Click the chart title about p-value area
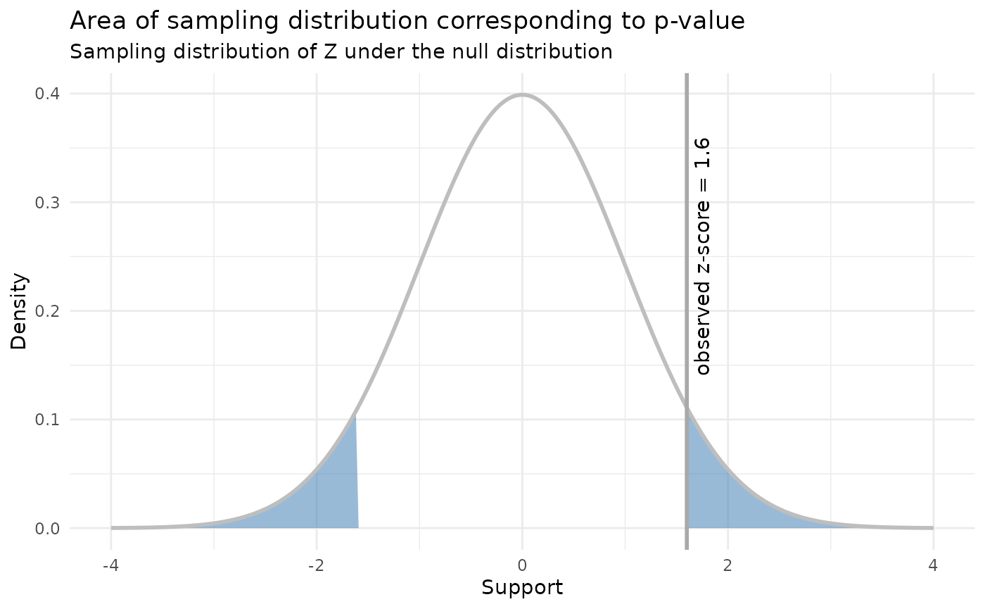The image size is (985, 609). click(x=407, y=22)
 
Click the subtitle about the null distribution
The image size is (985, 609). click(x=341, y=52)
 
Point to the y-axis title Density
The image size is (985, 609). click(x=19, y=311)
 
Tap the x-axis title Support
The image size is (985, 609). click(x=522, y=588)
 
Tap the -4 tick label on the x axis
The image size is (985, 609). click(x=110, y=565)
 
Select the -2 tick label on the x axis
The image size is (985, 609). click(x=316, y=565)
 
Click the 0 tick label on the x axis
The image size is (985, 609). click(x=522, y=565)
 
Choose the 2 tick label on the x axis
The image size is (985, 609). click(x=727, y=565)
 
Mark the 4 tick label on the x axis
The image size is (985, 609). click(x=933, y=565)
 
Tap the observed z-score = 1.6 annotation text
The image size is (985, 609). click(x=703, y=256)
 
